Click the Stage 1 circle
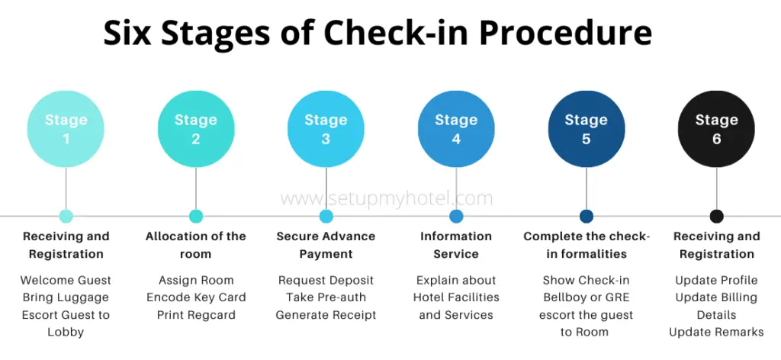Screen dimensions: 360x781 click(66, 129)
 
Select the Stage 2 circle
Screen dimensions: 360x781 click(196, 129)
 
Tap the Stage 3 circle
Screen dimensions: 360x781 click(326, 129)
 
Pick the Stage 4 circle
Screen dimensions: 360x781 click(456, 129)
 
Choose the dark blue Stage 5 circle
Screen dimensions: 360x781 click(586, 129)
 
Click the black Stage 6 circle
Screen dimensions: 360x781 click(716, 129)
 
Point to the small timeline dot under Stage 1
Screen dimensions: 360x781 click(66, 216)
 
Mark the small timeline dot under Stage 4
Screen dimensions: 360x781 click(456, 216)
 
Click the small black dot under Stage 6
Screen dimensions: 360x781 click(716, 216)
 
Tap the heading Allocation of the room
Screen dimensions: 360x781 click(196, 245)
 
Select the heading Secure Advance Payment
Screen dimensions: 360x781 click(326, 245)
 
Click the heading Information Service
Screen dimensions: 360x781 click(456, 245)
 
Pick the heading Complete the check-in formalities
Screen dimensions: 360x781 click(586, 245)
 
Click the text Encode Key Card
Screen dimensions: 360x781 click(196, 297)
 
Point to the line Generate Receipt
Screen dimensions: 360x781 click(326, 314)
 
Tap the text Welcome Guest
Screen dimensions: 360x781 click(66, 280)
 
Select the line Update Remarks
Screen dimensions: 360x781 click(716, 332)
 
